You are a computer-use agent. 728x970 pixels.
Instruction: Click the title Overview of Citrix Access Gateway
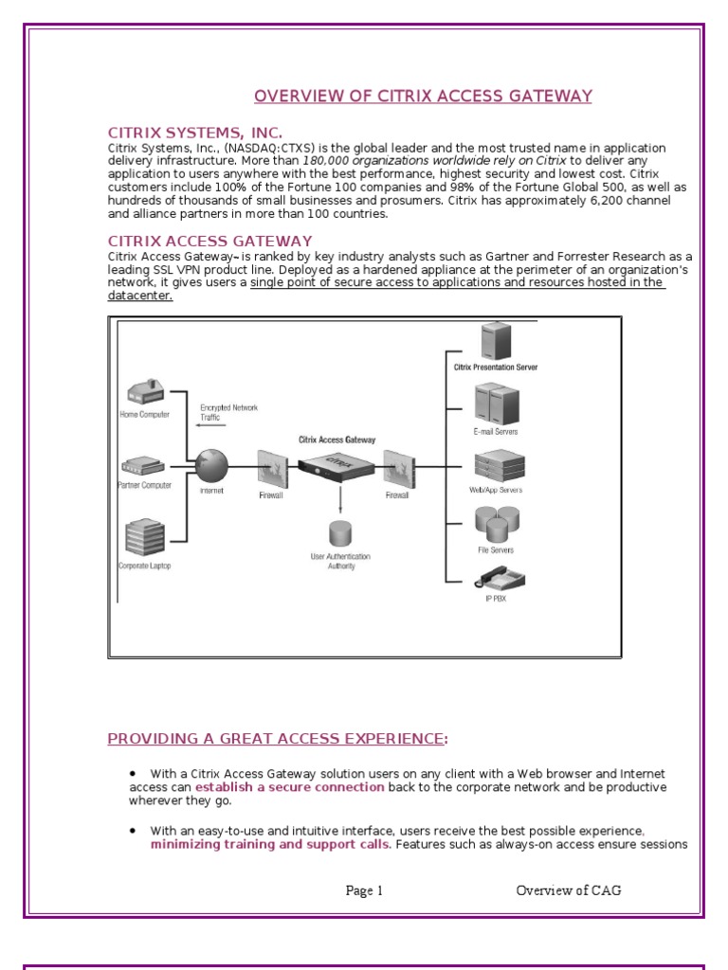pyautogui.click(x=423, y=96)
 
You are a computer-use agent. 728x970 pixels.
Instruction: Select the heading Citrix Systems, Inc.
pyautogui.click(x=194, y=133)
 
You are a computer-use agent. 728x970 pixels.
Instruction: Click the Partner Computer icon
pyautogui.click(x=144, y=466)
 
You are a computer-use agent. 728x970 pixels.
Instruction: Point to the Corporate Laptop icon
pyautogui.click(x=144, y=537)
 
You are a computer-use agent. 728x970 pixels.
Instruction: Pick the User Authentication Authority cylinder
pyautogui.click(x=339, y=533)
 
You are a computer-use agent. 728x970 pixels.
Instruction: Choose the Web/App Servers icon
pyautogui.click(x=498, y=465)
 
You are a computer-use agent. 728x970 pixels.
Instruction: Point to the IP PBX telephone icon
pyautogui.click(x=496, y=579)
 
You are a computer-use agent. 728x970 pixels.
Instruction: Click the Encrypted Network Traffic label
pyautogui.click(x=227, y=412)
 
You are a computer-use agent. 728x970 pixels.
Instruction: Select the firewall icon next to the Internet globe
pyautogui.click(x=272, y=467)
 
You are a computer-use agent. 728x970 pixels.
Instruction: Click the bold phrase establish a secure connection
pyautogui.click(x=290, y=787)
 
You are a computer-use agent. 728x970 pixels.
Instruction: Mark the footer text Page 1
pyautogui.click(x=364, y=890)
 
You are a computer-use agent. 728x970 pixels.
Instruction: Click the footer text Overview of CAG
pyautogui.click(x=569, y=890)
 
